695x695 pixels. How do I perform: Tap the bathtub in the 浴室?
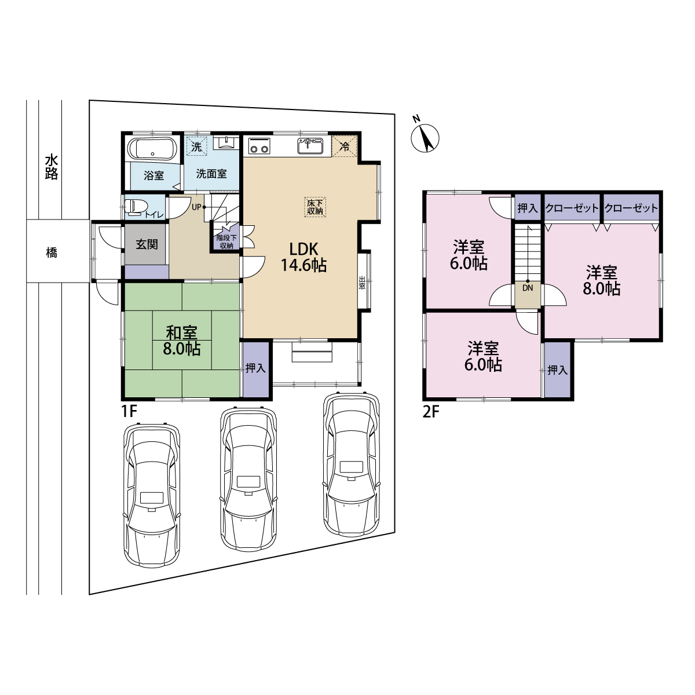click(152, 148)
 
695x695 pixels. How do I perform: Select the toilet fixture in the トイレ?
click(136, 207)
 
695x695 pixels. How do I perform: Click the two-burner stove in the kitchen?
click(259, 146)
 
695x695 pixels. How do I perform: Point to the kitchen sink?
click(310, 146)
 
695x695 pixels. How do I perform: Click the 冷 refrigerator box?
click(345, 146)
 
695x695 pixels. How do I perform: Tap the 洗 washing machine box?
click(196, 146)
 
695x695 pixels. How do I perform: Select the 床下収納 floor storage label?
click(315, 207)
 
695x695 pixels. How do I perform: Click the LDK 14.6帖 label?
click(303, 257)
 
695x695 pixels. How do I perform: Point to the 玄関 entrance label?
click(147, 244)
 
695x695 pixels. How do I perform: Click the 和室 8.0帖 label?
click(181, 341)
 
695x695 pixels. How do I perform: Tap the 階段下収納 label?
click(226, 242)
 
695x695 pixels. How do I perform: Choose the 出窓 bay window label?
click(362, 283)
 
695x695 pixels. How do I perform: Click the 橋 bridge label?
click(52, 253)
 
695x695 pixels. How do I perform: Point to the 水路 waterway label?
click(52, 167)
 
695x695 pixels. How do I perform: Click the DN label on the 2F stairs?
click(528, 288)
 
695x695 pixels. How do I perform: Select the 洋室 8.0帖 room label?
click(602, 280)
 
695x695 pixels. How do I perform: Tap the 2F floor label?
click(431, 412)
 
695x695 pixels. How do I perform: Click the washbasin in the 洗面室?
click(226, 143)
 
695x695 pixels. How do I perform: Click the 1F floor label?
click(129, 411)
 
